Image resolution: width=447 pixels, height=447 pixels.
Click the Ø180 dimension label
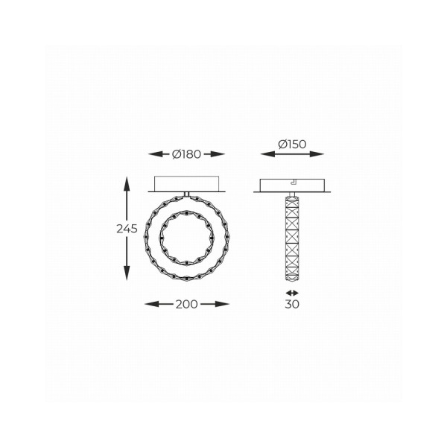186,154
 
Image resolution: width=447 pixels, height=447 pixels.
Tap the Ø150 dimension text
293,144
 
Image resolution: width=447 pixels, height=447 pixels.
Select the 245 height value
127,229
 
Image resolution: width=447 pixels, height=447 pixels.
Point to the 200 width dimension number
186,304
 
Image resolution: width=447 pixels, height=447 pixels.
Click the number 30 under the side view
292,304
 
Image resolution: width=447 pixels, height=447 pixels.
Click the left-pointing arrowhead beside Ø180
152,154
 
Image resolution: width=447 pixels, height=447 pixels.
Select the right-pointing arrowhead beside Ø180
221,154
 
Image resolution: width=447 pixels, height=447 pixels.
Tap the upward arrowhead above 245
127,179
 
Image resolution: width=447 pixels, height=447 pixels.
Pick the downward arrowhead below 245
127,278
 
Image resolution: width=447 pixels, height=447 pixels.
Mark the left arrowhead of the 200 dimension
146,304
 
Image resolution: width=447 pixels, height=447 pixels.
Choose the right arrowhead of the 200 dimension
226,304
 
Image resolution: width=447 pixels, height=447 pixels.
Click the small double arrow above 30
292,292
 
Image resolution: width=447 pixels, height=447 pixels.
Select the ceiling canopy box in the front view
186,184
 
